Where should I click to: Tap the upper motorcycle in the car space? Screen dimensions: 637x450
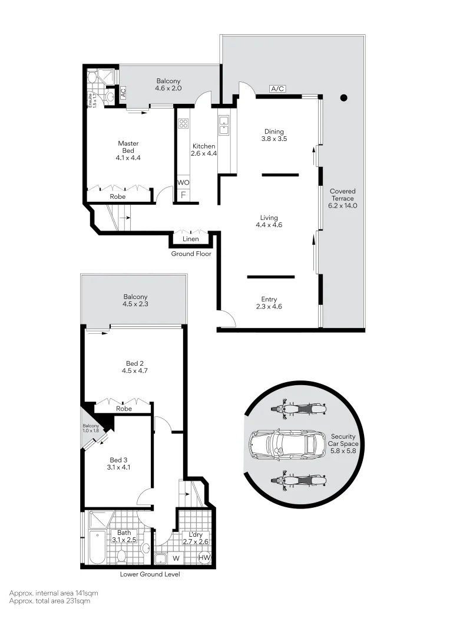tap(300, 408)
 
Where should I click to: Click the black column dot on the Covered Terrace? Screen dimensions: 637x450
tap(343, 98)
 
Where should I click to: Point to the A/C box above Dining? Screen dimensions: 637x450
tap(277, 88)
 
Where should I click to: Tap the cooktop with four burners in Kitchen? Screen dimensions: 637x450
tap(183, 124)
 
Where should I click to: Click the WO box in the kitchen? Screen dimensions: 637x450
tap(183, 183)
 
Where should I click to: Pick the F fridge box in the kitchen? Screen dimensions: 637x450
tap(183, 195)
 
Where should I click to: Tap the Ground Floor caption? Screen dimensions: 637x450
tap(191, 254)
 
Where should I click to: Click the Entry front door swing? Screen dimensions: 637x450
tap(227, 318)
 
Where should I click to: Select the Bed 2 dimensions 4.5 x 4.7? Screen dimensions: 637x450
tap(135, 371)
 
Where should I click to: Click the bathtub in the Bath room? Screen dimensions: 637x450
tap(96, 547)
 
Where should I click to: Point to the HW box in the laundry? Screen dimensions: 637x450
tap(204, 558)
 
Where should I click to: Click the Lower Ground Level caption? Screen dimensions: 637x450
tap(150, 574)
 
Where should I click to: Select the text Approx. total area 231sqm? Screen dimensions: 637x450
tap(49, 601)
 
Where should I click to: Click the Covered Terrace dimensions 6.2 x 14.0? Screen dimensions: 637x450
tap(343, 206)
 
